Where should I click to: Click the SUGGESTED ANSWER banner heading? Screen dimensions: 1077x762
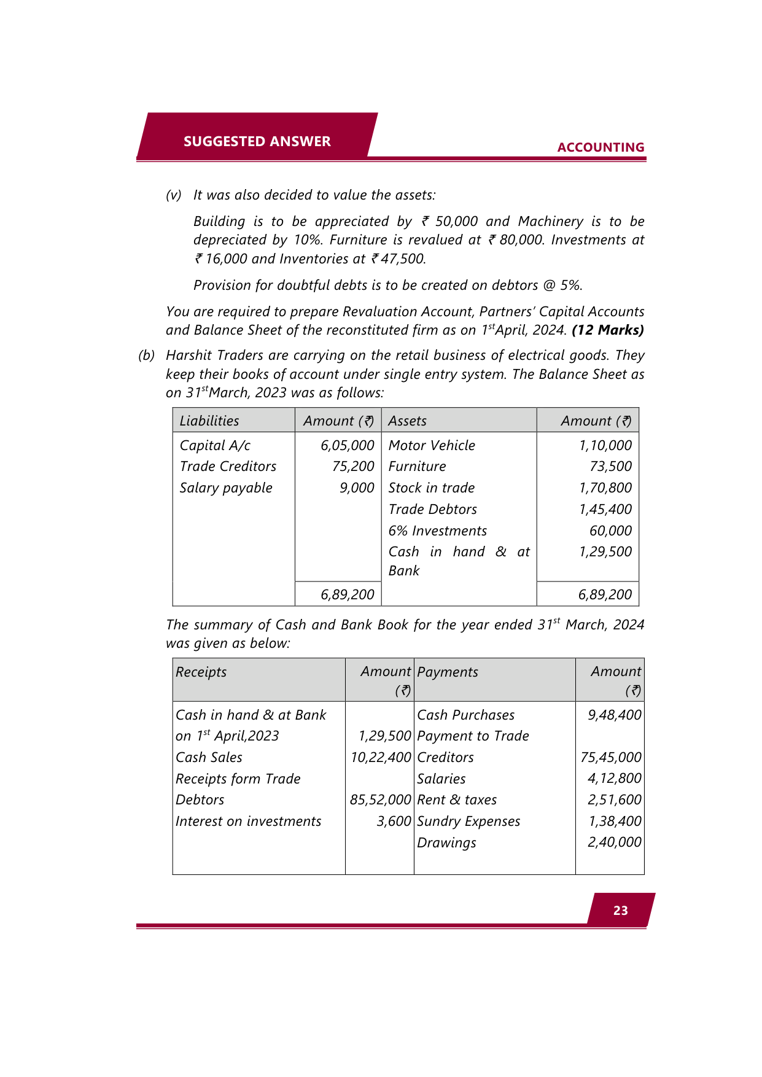point(257,141)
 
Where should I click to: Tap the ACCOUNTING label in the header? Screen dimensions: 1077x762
point(601,147)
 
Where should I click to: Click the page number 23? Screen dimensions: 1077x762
point(620,910)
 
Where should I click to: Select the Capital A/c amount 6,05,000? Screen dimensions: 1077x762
point(347,445)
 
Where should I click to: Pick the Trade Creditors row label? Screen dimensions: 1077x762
point(228,466)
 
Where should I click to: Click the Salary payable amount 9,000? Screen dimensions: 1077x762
point(357,488)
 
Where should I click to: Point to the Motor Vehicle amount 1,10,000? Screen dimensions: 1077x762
point(605,445)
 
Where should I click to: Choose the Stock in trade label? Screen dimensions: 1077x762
point(431,488)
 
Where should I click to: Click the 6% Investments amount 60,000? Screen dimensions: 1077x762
point(610,531)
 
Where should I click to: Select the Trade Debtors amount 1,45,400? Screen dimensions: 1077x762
point(605,509)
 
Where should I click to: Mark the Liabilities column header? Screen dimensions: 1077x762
point(209,421)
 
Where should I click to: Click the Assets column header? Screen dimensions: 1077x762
point(407,421)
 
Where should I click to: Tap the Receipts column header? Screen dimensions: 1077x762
point(201,672)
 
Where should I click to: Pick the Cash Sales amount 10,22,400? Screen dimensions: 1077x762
point(381,757)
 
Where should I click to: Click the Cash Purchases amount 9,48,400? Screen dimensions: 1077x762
point(614,715)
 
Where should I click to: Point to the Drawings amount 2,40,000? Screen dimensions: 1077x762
point(614,842)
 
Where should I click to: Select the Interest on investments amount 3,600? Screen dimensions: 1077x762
point(394,821)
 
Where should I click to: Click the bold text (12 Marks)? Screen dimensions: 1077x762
point(607,330)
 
